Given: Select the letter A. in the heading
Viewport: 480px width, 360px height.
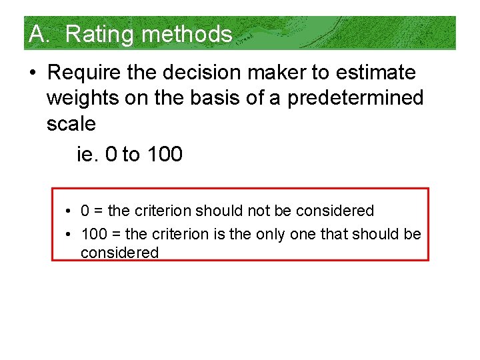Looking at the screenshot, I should [39, 34].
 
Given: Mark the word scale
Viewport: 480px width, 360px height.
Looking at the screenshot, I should [71, 123].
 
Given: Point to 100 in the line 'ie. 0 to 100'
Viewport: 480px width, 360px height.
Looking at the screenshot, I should [164, 155].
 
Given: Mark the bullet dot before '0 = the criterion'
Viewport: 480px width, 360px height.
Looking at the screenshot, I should [69, 211].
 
